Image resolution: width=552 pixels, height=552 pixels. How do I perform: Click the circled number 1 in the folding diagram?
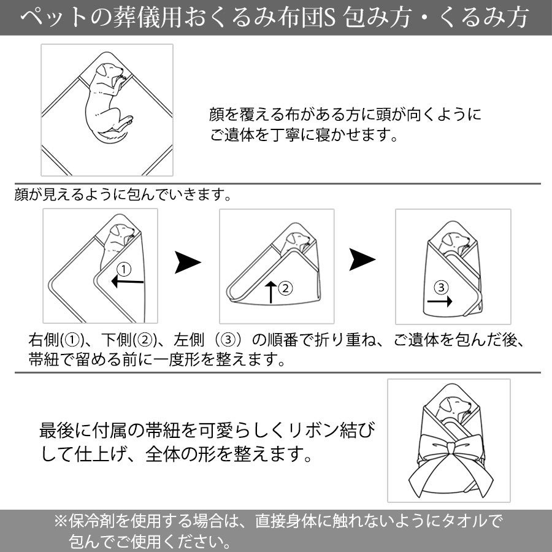[123, 270]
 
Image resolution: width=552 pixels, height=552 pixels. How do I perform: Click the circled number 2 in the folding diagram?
[285, 288]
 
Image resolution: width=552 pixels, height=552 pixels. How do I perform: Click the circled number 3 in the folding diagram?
[441, 288]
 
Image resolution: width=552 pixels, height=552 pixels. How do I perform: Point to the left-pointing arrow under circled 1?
[127, 282]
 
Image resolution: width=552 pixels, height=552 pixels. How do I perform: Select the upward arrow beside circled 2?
[270, 292]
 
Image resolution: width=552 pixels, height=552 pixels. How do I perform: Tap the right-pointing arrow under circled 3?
[440, 301]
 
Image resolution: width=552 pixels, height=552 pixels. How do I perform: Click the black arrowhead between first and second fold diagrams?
[188, 263]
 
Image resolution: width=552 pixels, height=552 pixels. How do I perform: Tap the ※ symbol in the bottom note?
[61, 521]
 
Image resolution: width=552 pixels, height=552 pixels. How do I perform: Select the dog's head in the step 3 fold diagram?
[456, 241]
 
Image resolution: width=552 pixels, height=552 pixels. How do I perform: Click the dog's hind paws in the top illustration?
[125, 123]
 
